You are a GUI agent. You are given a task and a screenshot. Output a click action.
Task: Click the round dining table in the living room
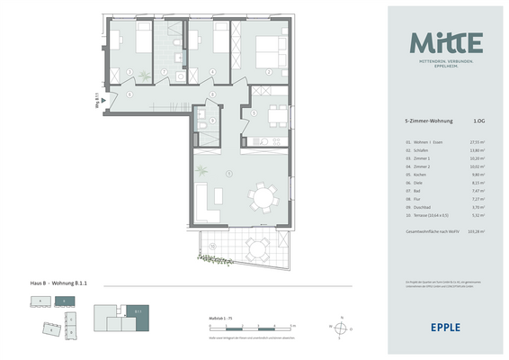point(263,195)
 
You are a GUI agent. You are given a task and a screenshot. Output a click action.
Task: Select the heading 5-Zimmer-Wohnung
point(430,120)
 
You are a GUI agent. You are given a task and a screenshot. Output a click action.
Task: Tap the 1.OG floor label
point(479,120)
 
